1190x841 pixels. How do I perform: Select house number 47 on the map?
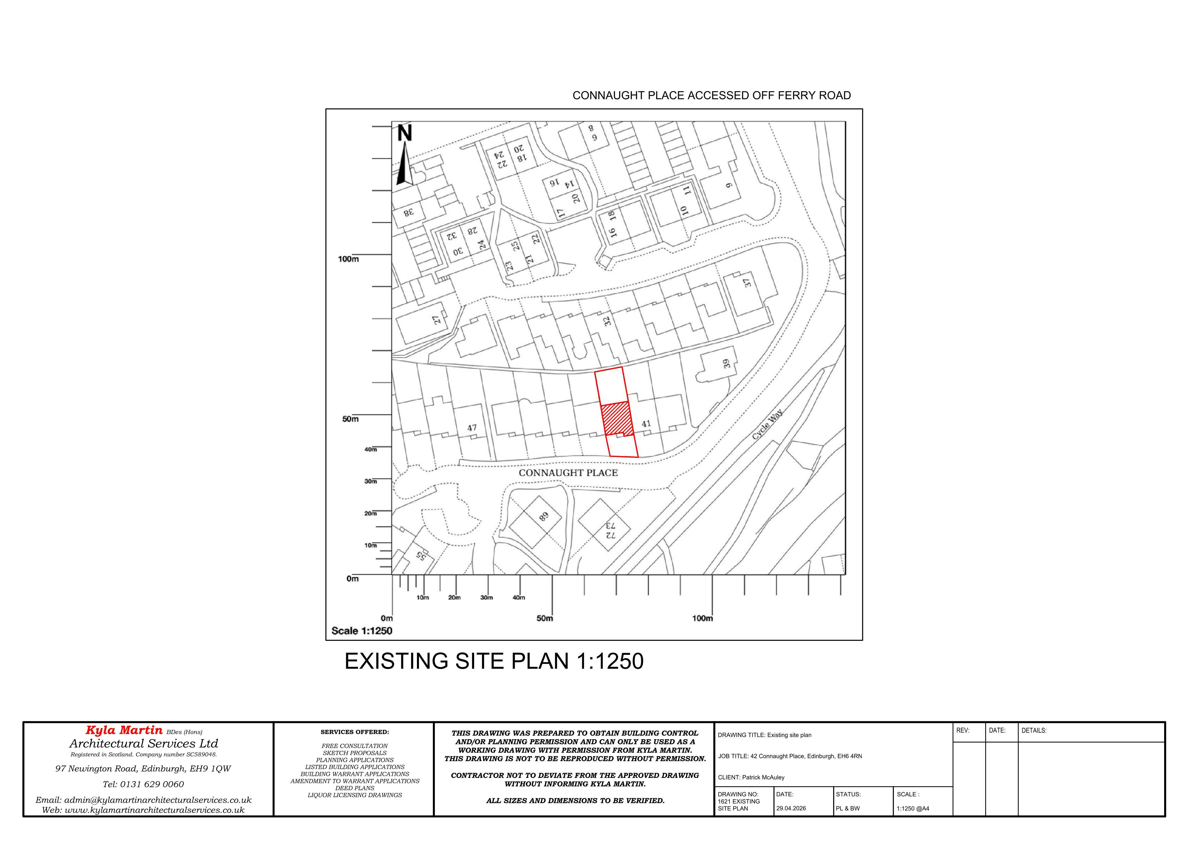pos(472,428)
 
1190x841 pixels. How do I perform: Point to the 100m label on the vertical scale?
pos(348,259)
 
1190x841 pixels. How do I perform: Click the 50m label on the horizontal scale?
pos(545,618)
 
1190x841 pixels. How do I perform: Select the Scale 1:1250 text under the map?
pos(362,631)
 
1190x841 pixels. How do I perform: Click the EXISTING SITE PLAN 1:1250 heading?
pos(494,661)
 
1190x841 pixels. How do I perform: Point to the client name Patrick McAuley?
pos(763,777)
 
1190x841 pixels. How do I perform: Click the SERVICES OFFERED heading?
pos(354,732)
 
